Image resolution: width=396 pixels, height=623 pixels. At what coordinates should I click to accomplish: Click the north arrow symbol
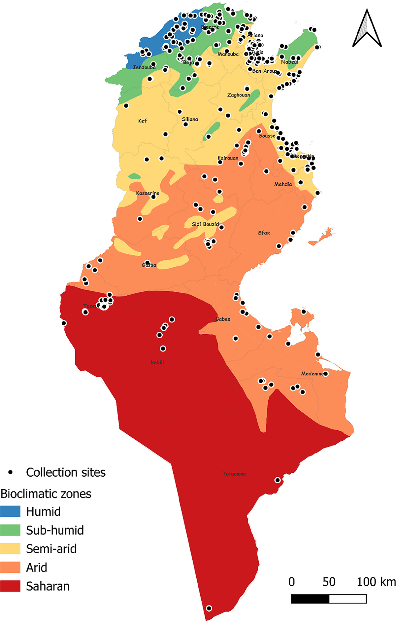coord(367,29)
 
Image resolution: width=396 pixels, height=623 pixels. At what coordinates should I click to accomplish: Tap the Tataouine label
coord(234,474)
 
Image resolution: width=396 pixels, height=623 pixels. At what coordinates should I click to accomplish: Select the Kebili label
coord(157,362)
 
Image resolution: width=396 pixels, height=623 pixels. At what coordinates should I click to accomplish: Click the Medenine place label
coord(312,374)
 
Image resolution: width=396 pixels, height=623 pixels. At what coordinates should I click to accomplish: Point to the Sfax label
coord(264,233)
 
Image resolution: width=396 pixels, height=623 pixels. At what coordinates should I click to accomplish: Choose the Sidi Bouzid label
coord(205,224)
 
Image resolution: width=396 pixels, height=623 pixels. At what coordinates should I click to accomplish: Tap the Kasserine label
coord(148,193)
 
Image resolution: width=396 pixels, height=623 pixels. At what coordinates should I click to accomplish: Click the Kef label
coord(143,121)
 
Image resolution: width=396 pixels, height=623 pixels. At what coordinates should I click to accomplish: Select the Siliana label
coord(190,119)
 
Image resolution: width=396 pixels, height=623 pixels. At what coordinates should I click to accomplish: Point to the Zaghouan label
coord(239,95)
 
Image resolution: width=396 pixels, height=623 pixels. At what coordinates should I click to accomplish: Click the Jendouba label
coord(144,67)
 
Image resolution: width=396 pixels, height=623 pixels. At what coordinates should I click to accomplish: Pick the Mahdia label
coord(283,184)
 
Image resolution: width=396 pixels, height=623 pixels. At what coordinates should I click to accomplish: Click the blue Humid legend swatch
coord(10,511)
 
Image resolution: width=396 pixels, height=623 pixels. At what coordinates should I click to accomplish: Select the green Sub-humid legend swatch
coord(10,530)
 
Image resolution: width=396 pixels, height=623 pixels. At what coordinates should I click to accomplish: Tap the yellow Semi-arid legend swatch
coord(10,549)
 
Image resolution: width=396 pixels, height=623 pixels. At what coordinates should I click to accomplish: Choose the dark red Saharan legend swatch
coord(10,586)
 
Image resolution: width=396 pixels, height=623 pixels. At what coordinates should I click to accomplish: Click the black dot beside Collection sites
coord(11,472)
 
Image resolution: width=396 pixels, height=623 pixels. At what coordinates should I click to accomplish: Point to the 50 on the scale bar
coord(329,582)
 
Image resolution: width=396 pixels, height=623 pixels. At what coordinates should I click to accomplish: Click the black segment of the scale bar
coord(310,599)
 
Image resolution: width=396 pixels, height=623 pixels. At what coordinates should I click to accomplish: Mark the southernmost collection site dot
coord(209,608)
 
